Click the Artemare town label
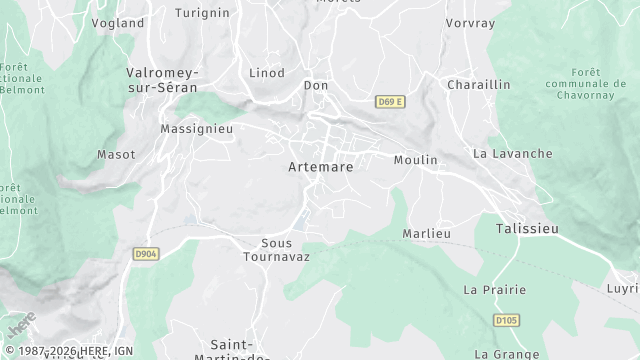click(x=320, y=167)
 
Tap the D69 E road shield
click(x=390, y=102)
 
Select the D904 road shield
click(x=146, y=255)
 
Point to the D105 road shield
click(x=507, y=320)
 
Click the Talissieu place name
click(x=527, y=229)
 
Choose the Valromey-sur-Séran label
click(x=163, y=80)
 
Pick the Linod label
click(x=267, y=73)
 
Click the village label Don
click(x=316, y=86)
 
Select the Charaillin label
click(x=478, y=85)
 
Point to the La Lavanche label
click(x=512, y=154)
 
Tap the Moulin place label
click(x=416, y=160)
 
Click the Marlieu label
click(x=427, y=233)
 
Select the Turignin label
click(x=202, y=13)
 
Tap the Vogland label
click(x=117, y=21)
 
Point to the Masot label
click(x=115, y=154)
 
